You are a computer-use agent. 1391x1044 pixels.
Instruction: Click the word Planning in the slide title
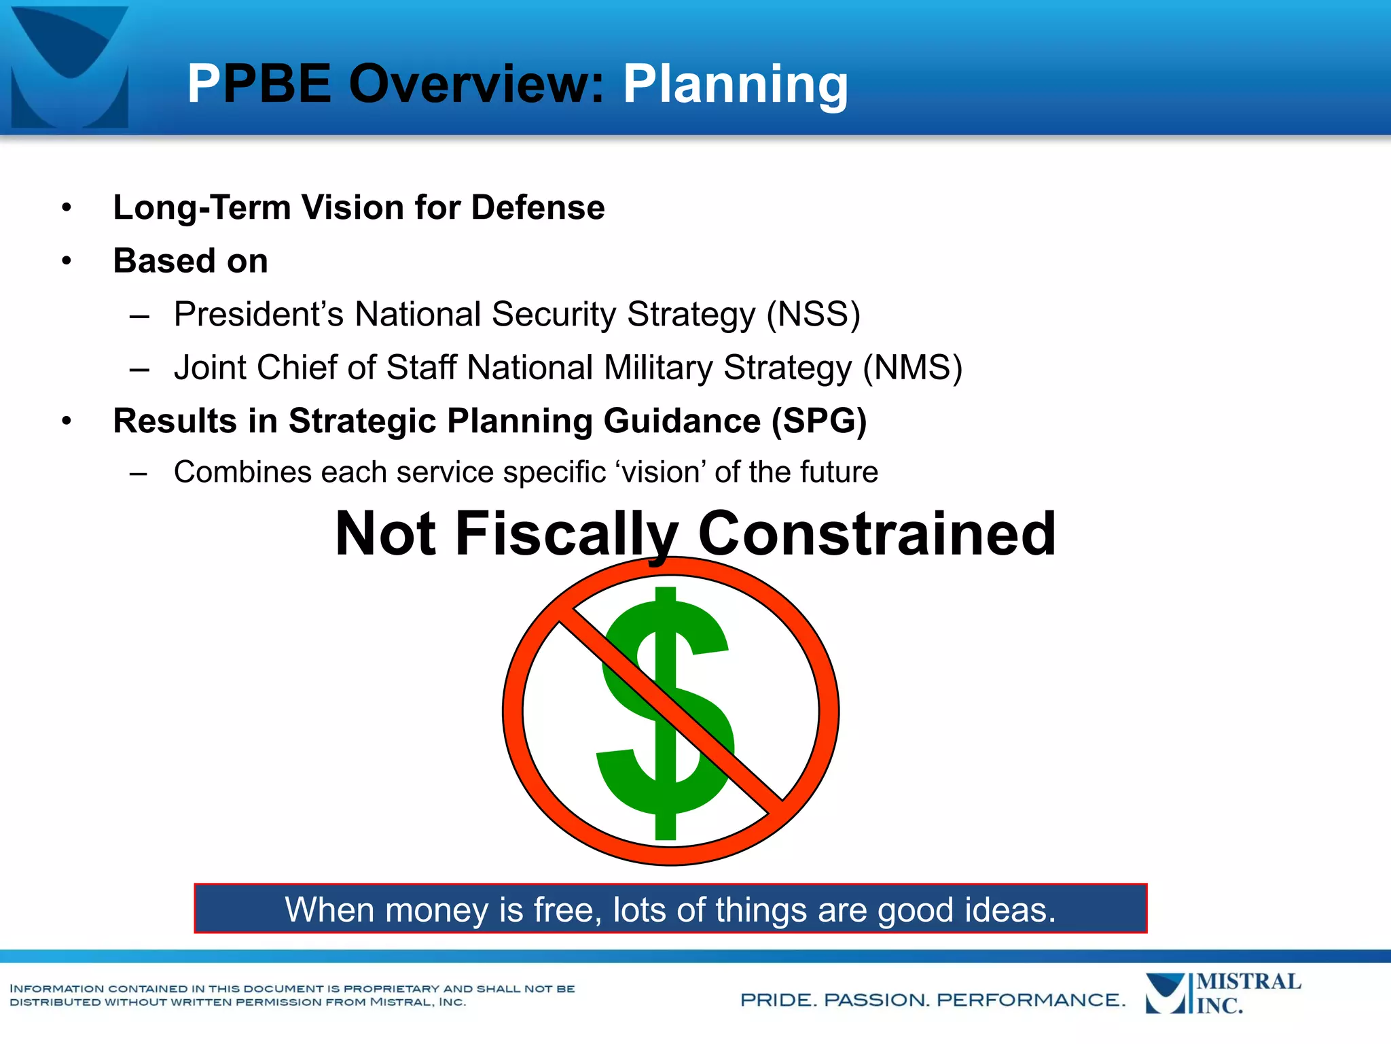pyautogui.click(x=735, y=84)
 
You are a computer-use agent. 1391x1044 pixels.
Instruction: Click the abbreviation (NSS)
pyautogui.click(x=813, y=315)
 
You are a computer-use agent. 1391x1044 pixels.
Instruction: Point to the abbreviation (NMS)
pyautogui.click(x=912, y=368)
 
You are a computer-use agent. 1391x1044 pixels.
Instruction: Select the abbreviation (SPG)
pyautogui.click(x=818, y=421)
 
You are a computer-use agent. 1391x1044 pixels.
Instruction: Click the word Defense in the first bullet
pyautogui.click(x=537, y=207)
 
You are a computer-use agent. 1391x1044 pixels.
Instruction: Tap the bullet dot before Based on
pyautogui.click(x=66, y=261)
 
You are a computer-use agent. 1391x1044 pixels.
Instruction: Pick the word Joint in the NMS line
pyautogui.click(x=209, y=368)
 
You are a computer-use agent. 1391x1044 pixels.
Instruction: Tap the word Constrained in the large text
pyautogui.click(x=876, y=534)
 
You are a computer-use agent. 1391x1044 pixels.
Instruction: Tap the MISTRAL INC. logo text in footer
pyautogui.click(x=1248, y=994)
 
